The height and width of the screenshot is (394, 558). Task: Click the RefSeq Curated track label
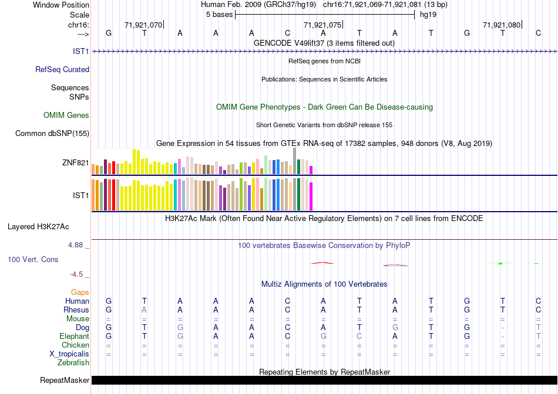62,69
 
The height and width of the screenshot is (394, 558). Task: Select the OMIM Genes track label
66,115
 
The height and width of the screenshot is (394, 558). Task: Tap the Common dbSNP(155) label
52,133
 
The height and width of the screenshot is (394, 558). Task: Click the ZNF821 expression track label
75,162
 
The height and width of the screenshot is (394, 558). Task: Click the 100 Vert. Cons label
33,259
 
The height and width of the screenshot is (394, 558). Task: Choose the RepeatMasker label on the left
65,381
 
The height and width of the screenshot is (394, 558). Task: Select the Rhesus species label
76,310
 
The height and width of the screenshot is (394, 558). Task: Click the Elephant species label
75,336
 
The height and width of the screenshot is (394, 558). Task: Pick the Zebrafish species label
73,363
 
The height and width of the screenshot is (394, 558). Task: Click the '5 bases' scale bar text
219,15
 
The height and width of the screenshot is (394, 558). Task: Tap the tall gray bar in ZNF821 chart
294,160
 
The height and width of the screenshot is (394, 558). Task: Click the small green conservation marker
500,263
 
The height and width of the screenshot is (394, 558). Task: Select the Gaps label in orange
80,292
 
